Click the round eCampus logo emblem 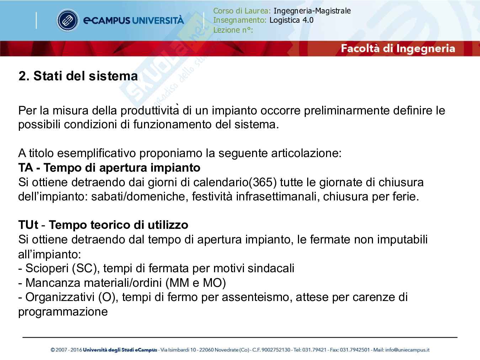pyautogui.click(x=67, y=20)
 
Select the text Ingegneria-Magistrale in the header pyautogui.click(x=312, y=11)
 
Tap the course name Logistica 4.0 pyautogui.click(x=291, y=20)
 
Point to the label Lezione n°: pyautogui.click(x=233, y=30)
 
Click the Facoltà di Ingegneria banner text pyautogui.click(x=398, y=48)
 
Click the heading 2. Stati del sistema pyautogui.click(x=78, y=76)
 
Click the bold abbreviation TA pyautogui.click(x=26, y=167)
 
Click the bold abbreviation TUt pyautogui.click(x=28, y=225)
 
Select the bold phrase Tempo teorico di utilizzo pyautogui.click(x=118, y=225)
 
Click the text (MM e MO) pyautogui.click(x=196, y=283)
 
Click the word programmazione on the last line pyautogui.click(x=63, y=312)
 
